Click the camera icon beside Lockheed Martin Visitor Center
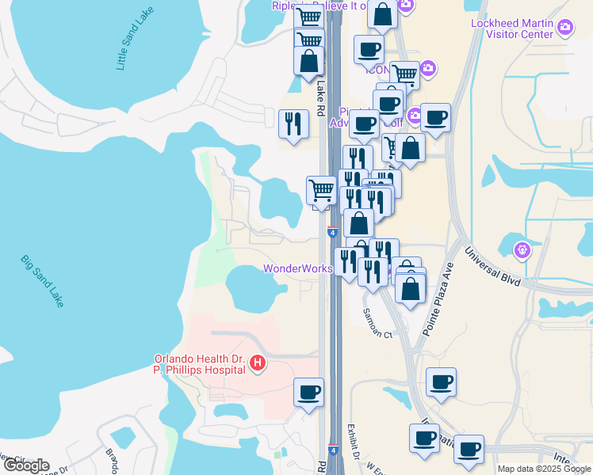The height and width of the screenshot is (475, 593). (565, 28)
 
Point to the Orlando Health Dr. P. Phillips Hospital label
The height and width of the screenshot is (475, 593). (195, 363)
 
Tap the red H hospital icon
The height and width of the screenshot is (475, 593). (257, 363)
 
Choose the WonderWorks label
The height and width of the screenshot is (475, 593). (297, 268)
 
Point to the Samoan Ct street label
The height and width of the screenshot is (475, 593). (378, 323)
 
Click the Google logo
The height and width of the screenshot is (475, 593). (26, 465)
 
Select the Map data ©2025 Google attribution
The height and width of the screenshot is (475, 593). (543, 469)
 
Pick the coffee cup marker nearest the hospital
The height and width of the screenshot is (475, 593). (308, 392)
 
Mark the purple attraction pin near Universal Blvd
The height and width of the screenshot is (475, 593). (522, 251)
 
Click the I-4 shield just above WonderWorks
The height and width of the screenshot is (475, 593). (332, 231)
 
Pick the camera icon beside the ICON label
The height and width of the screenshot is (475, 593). (427, 68)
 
